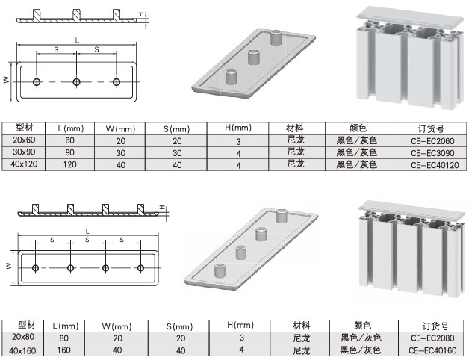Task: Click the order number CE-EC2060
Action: coord(432,141)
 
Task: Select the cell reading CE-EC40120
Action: coord(435,165)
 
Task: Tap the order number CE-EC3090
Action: coord(432,153)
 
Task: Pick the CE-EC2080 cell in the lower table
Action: coord(432,338)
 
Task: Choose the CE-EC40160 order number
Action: coord(432,350)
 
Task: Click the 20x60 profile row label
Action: coord(24,140)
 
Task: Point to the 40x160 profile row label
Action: coord(22,350)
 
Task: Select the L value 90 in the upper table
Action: coord(69,152)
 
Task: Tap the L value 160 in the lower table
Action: coord(63,350)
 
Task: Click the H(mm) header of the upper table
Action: coord(238,128)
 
